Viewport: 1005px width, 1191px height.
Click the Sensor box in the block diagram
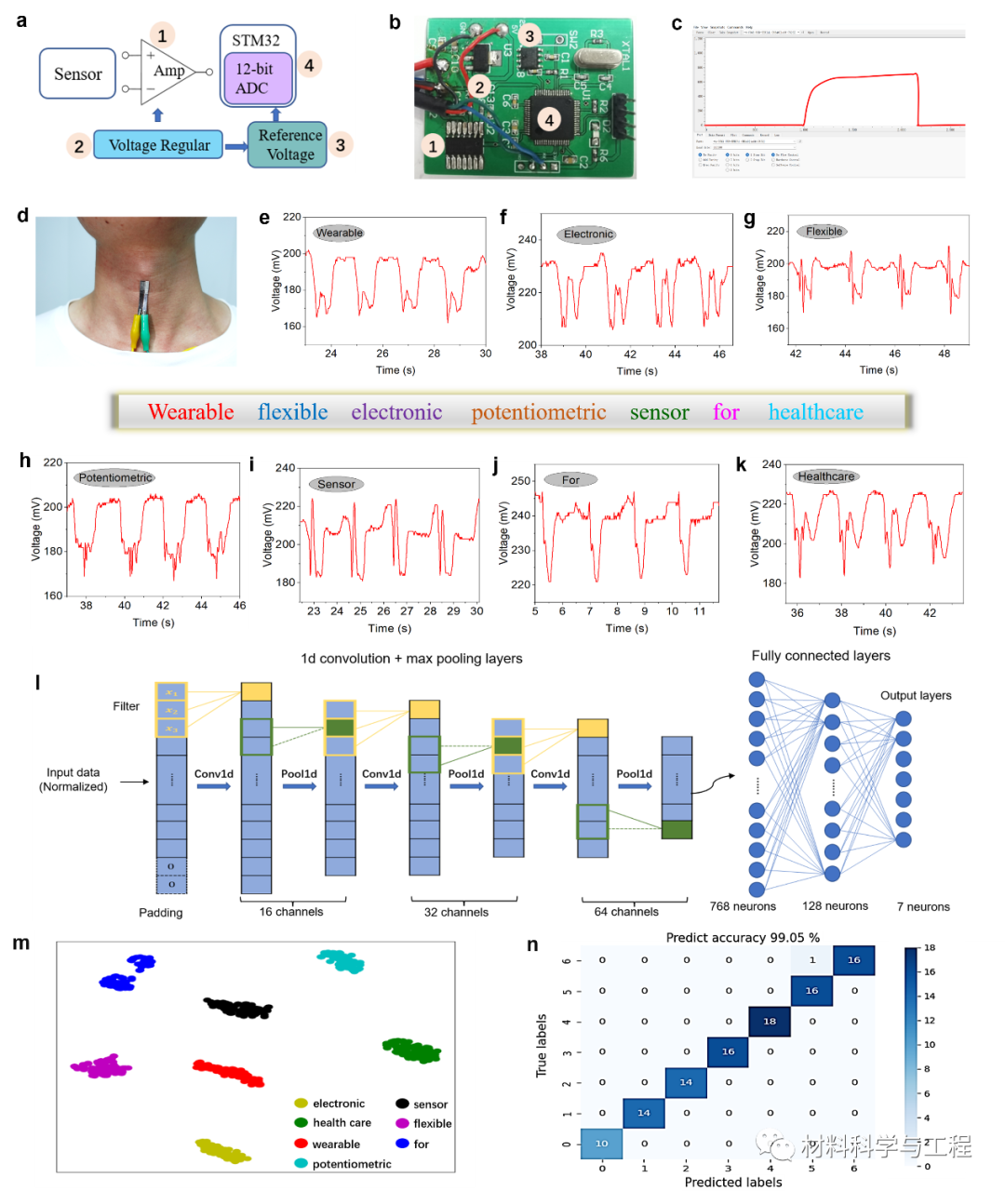(x=77, y=74)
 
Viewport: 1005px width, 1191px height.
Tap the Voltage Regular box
(x=158, y=145)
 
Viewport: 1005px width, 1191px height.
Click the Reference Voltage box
(x=288, y=145)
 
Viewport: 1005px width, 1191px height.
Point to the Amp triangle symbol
(x=166, y=71)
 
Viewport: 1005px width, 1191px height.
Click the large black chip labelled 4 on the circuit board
(x=551, y=120)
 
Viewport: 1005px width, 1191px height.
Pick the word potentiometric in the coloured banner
(x=538, y=412)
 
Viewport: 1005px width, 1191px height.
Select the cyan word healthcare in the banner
(x=815, y=412)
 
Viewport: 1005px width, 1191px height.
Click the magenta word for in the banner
(x=726, y=412)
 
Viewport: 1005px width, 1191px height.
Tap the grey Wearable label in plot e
(x=339, y=233)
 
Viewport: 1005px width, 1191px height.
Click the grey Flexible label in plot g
(x=824, y=232)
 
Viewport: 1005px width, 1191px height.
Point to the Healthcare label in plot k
(x=825, y=476)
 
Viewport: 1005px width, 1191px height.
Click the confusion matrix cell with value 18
(x=770, y=1021)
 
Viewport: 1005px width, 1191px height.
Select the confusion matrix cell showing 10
(x=602, y=1144)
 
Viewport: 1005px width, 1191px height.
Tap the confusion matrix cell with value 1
(x=811, y=960)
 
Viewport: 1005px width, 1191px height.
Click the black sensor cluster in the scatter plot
(x=238, y=1007)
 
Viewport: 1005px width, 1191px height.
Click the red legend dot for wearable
(x=301, y=1144)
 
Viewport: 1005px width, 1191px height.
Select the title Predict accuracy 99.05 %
(x=743, y=937)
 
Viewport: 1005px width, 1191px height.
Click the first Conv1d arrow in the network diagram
(x=213, y=786)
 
